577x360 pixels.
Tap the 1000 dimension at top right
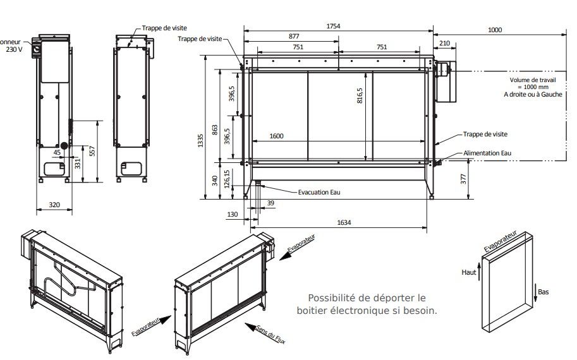[x=495, y=30]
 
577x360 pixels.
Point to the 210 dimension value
[x=444, y=43]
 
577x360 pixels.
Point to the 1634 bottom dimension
[x=344, y=222]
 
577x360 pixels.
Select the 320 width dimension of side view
[x=55, y=204]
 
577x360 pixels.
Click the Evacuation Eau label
[x=319, y=192]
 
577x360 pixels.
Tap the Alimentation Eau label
[x=487, y=153]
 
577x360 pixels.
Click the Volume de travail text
[x=534, y=80]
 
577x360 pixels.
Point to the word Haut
[x=469, y=272]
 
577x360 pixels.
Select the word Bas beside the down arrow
[x=543, y=292]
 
